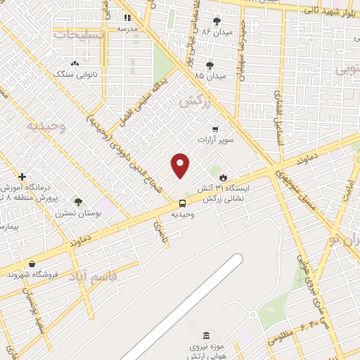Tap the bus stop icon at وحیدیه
(x=182, y=204)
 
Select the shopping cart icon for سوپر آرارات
(x=214, y=129)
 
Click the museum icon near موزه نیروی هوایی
(x=205, y=335)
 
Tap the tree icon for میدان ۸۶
(x=216, y=21)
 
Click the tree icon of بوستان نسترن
(x=78, y=201)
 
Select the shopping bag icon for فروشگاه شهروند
(x=32, y=264)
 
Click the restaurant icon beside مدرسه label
(x=128, y=18)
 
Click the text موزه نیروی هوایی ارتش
(x=205, y=352)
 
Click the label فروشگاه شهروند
(x=31, y=275)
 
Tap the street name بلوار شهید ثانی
(x=330, y=10)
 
